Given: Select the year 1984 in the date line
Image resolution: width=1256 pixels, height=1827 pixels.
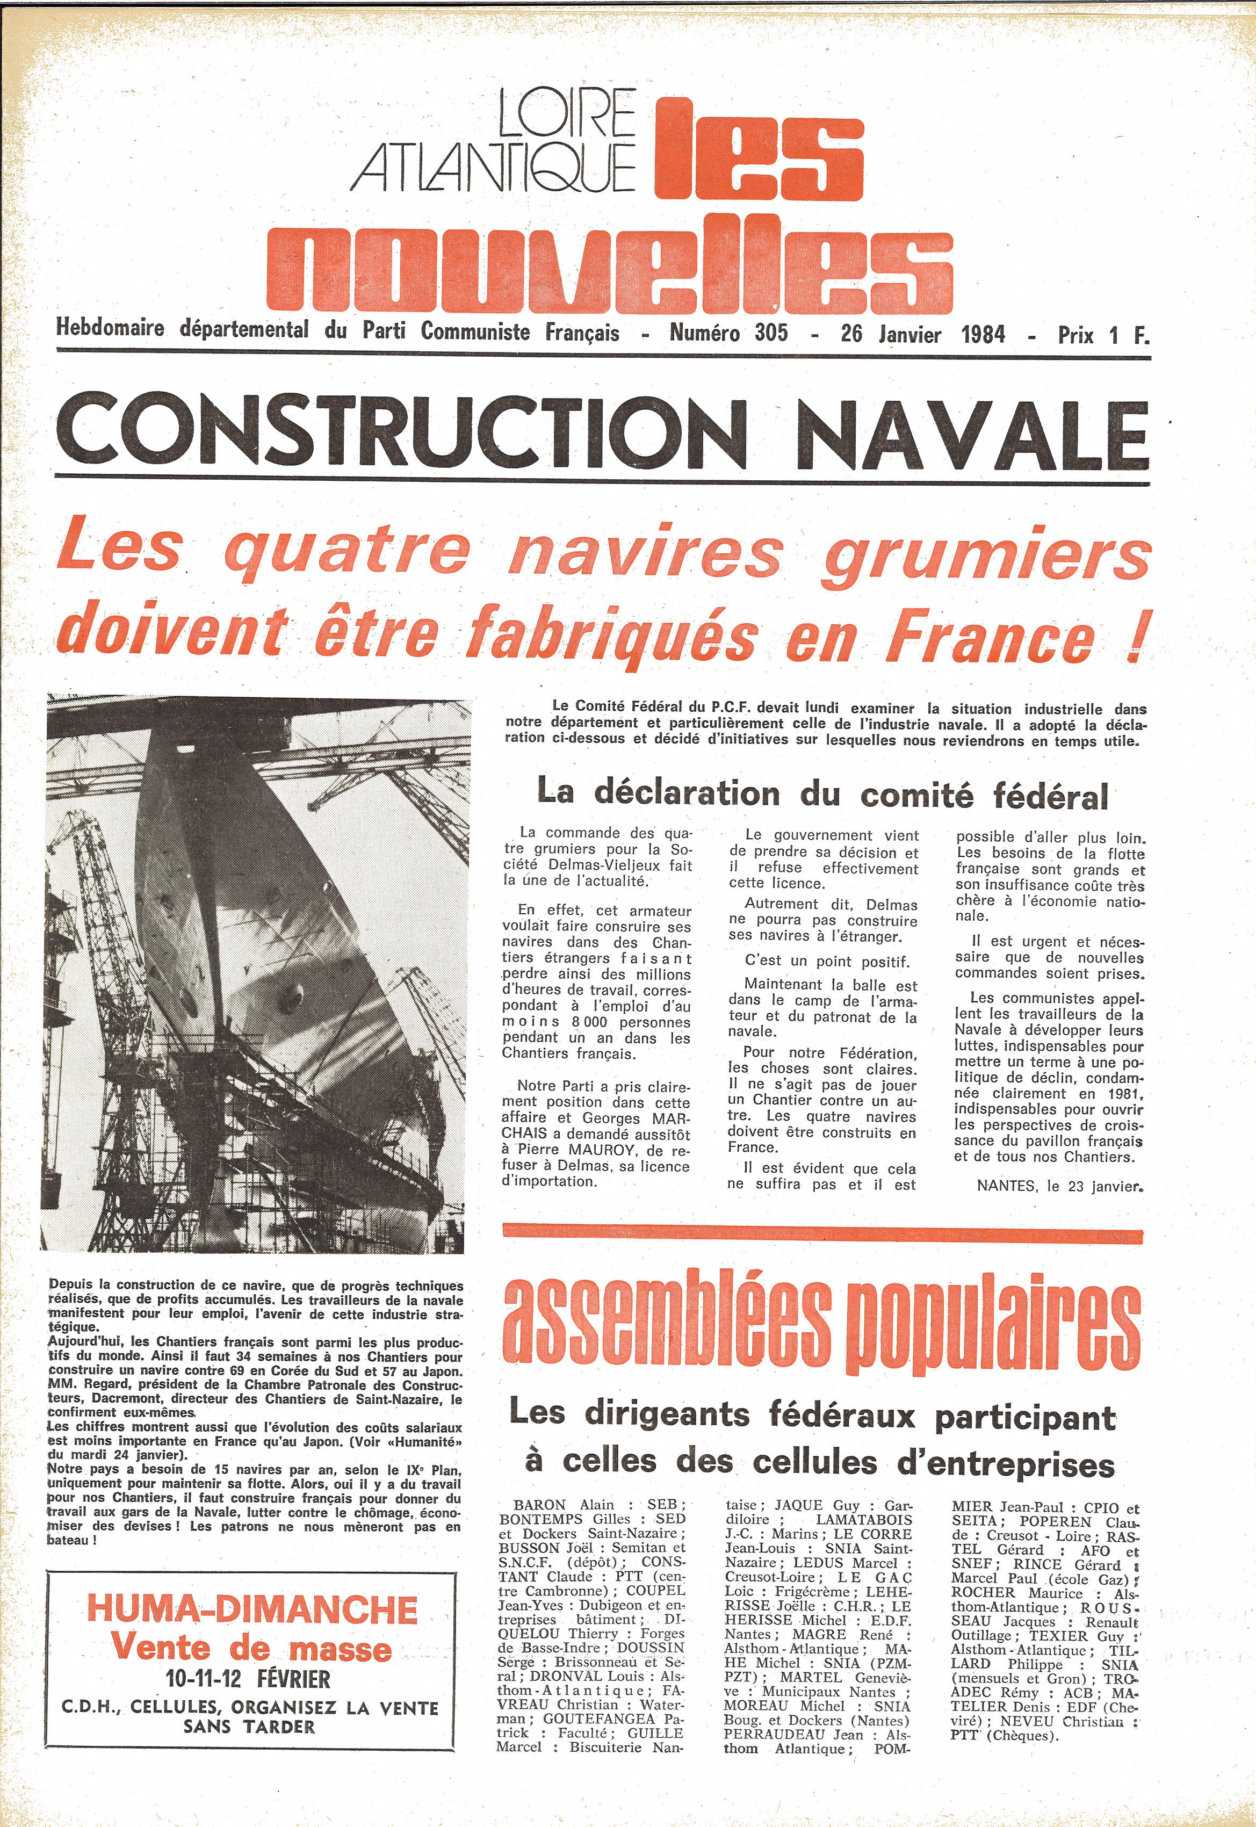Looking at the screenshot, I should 983,334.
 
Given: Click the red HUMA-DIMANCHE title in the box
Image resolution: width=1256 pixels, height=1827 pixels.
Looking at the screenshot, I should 252,1608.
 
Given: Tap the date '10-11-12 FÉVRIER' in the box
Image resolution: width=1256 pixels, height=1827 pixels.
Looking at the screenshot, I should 248,1678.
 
